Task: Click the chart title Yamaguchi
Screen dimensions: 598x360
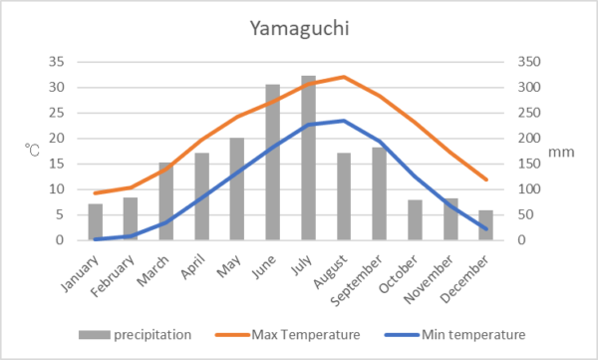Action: pyautogui.click(x=299, y=29)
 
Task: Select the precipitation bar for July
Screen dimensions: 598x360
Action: pyautogui.click(x=308, y=158)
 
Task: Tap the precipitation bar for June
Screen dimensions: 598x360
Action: pyautogui.click(x=273, y=163)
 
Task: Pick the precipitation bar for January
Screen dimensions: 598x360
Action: pyautogui.click(x=96, y=221)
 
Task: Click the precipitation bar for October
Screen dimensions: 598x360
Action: pyautogui.click(x=415, y=220)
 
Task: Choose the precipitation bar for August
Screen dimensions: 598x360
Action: pyautogui.click(x=344, y=196)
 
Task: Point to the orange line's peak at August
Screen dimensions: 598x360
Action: pyautogui.click(x=344, y=77)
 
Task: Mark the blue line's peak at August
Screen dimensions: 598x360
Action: pyautogui.click(x=344, y=121)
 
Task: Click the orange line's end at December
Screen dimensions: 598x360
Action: pyautogui.click(x=486, y=180)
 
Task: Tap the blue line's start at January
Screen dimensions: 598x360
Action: pyautogui.click(x=96, y=239)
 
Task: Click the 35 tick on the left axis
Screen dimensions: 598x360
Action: pyautogui.click(x=57, y=62)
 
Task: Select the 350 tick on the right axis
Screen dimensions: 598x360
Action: pyautogui.click(x=529, y=62)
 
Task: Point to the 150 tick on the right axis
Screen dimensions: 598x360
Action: pyautogui.click(x=529, y=164)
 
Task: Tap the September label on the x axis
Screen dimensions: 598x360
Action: pyautogui.click(x=356, y=280)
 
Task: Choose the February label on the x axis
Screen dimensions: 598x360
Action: pyautogui.click(x=113, y=275)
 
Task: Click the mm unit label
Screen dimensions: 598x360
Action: pyautogui.click(x=561, y=152)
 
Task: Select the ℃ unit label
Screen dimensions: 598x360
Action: pyautogui.click(x=33, y=150)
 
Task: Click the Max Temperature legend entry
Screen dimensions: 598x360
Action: pyautogui.click(x=288, y=335)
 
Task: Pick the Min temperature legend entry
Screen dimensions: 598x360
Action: pyautogui.click(x=455, y=335)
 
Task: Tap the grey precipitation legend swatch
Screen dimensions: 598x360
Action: pyautogui.click(x=95, y=335)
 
